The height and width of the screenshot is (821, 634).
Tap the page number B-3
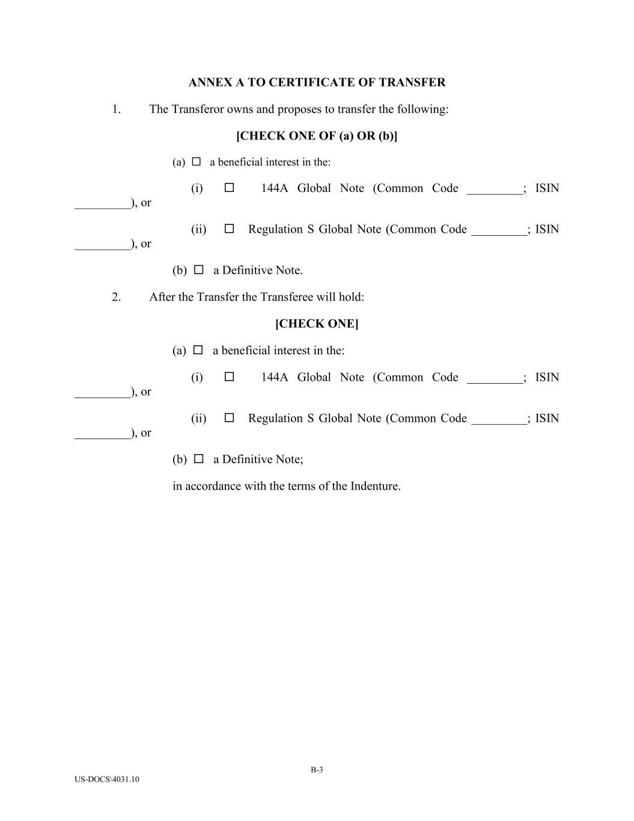pyautogui.click(x=317, y=770)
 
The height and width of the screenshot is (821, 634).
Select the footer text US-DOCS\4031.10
pyautogui.click(x=107, y=779)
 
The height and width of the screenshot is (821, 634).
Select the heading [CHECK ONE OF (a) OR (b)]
pyautogui.click(x=317, y=136)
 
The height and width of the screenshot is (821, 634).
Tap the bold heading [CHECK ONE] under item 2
pyautogui.click(x=317, y=324)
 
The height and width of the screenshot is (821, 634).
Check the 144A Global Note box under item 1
pyautogui.click(x=229, y=188)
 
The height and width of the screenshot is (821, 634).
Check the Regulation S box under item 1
pyautogui.click(x=229, y=229)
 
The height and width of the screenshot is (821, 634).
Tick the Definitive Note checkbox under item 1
pyautogui.click(x=199, y=270)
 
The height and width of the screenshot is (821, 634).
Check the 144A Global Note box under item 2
pyautogui.click(x=229, y=377)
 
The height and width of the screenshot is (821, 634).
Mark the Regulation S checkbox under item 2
pyautogui.click(x=229, y=417)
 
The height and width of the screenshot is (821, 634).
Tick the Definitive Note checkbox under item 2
pyautogui.click(x=199, y=459)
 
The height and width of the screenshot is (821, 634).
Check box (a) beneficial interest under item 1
pyautogui.click(x=197, y=162)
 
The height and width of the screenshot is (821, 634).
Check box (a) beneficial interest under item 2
pyautogui.click(x=198, y=350)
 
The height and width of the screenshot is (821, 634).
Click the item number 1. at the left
pyautogui.click(x=117, y=109)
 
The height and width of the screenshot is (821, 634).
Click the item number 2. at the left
pyautogui.click(x=117, y=297)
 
